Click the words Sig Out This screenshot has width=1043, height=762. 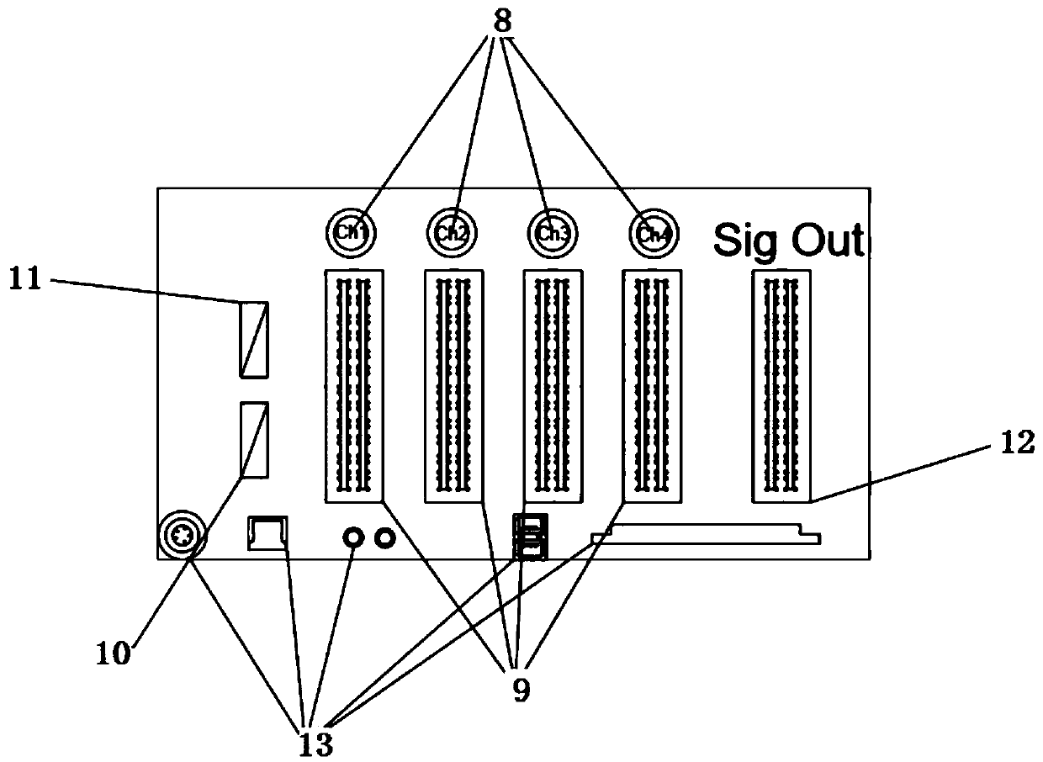(x=788, y=241)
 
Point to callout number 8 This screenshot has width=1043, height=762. (x=502, y=21)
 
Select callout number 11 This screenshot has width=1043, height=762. (x=26, y=279)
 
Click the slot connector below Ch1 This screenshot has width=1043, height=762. (x=353, y=386)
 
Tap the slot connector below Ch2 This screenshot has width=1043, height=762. (x=454, y=386)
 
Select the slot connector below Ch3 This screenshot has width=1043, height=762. (x=553, y=386)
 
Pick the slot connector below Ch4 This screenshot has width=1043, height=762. (x=651, y=386)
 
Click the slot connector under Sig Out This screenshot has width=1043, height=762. (x=781, y=386)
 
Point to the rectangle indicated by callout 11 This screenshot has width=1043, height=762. (x=254, y=338)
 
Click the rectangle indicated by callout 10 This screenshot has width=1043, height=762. (x=254, y=439)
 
